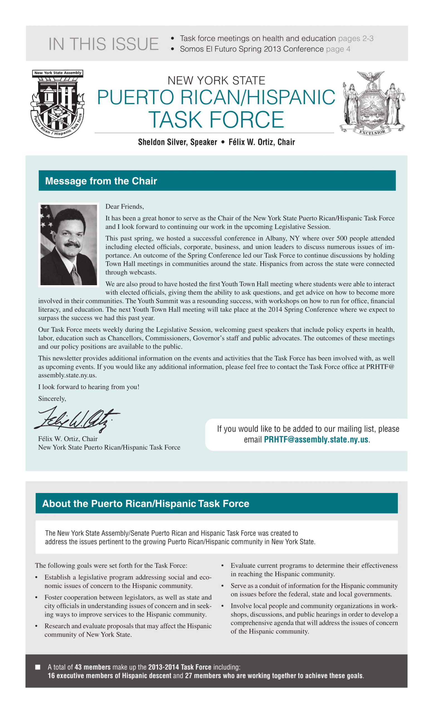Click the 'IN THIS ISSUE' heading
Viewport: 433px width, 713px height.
103,44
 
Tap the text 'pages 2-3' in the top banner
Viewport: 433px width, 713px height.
356,38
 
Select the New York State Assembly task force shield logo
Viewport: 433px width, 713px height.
58,103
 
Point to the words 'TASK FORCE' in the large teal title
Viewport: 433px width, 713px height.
216,119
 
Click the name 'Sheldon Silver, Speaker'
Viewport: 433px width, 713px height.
177,142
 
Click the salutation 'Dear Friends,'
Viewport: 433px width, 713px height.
125,206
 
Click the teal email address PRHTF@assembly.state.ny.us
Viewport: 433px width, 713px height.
316,439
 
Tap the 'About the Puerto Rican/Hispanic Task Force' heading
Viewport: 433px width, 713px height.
146,504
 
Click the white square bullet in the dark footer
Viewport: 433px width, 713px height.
38,667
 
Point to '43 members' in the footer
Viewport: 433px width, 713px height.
92,667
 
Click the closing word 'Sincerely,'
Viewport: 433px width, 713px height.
52,399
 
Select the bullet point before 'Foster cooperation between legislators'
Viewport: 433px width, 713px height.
37,597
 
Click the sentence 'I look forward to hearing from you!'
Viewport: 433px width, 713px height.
89,387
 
